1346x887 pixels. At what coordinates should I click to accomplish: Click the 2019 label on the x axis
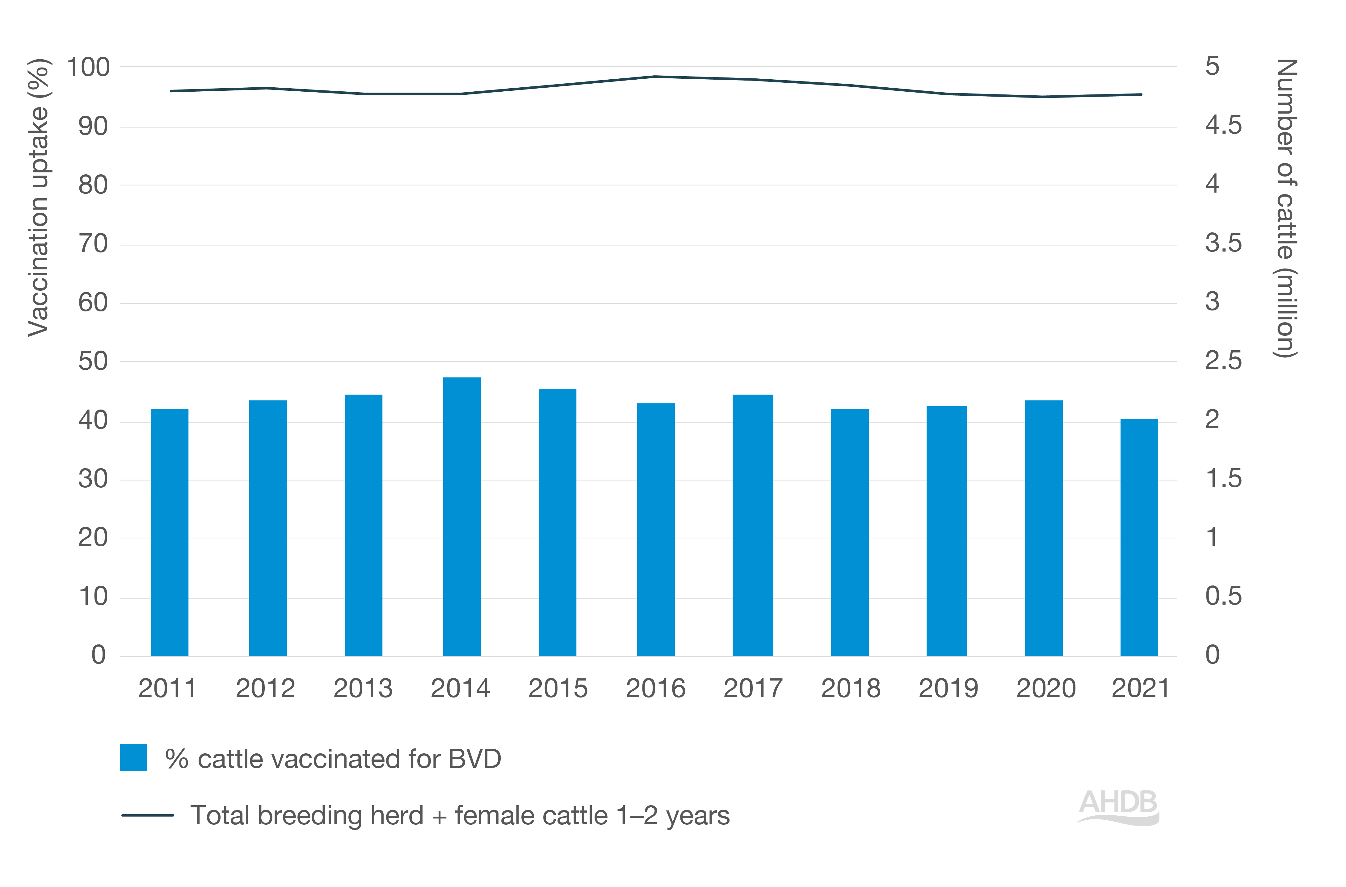[948, 689]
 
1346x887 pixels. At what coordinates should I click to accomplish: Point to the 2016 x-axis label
[655, 689]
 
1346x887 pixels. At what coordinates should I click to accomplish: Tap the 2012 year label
[266, 689]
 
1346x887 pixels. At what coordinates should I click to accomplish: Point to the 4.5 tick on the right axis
[1223, 126]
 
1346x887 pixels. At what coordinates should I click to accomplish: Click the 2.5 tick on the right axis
[1223, 361]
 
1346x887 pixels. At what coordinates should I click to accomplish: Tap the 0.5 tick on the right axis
[1223, 596]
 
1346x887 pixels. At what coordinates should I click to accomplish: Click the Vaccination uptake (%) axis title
[39, 198]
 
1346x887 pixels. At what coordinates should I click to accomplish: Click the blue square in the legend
[134, 757]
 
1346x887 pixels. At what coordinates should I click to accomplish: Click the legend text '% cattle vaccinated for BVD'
[333, 759]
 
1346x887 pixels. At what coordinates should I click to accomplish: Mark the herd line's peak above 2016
[655, 76]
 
